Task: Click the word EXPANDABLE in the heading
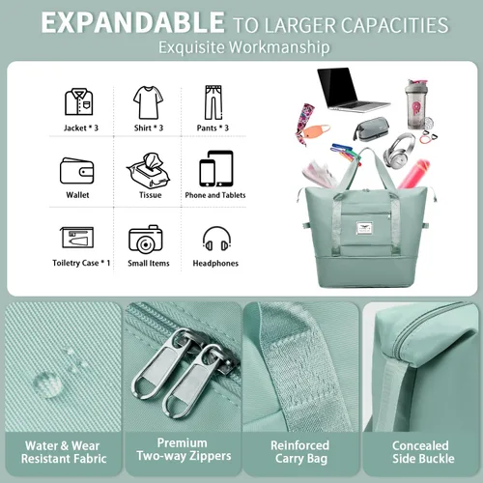pos(132,22)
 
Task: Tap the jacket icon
pos(79,101)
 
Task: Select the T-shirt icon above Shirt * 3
pos(148,102)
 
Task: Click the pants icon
pos(213,102)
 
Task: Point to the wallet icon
pos(77,171)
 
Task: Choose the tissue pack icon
pos(149,170)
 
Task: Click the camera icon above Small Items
pos(146,239)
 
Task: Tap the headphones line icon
pos(216,239)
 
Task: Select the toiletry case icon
pos(77,238)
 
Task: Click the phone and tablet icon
pos(216,168)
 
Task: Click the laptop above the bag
pos(354,90)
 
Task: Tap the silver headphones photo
pos(399,151)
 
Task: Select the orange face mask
pos(317,131)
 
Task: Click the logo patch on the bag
pos(364,228)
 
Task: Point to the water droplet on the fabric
pos(47,384)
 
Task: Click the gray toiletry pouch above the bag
pos(371,128)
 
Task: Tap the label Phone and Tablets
pos(215,195)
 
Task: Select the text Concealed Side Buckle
pos(422,452)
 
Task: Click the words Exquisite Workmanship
pos(244,47)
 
